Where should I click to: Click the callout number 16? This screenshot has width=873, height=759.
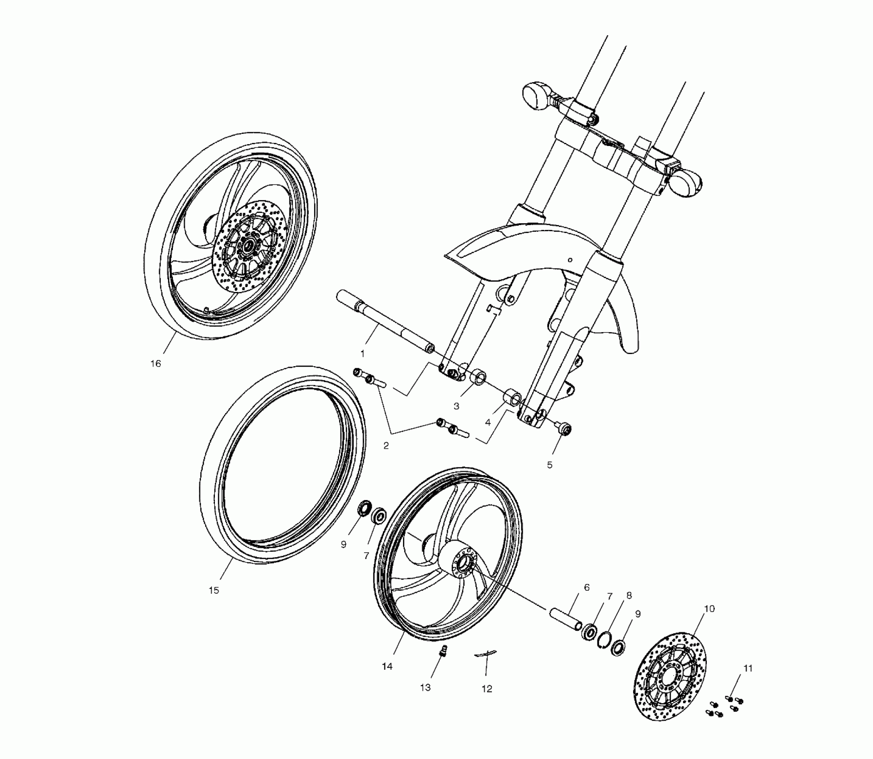(155, 364)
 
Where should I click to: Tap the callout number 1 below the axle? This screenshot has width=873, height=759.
(362, 354)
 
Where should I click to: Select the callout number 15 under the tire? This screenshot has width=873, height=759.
(214, 590)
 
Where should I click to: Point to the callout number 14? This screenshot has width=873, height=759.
(387, 666)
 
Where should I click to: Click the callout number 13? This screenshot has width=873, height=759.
(425, 688)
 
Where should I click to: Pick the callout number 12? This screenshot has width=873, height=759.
(487, 689)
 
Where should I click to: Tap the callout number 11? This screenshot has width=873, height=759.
(748, 668)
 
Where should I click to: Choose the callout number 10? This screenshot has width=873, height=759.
(709, 609)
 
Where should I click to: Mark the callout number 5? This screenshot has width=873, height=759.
(550, 465)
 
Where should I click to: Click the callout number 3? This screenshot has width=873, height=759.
(456, 406)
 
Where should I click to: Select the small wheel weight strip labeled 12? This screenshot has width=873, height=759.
(485, 653)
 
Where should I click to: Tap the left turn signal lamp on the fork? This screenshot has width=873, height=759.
(535, 95)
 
